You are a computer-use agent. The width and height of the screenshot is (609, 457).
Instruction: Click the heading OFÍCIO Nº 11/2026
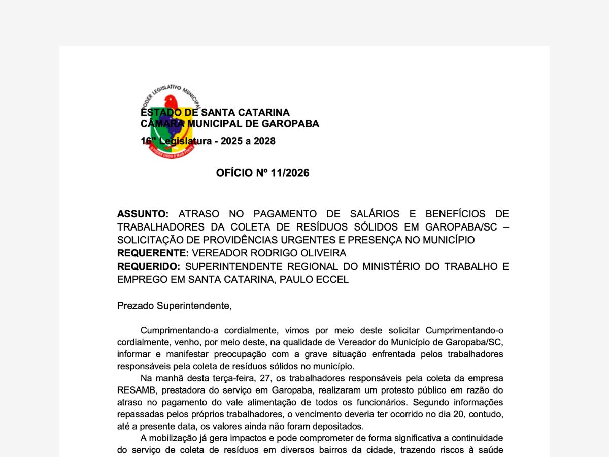point(262,173)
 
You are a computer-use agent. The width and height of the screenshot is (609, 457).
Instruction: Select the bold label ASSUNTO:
point(143,214)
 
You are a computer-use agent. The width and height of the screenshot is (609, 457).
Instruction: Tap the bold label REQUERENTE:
point(153,253)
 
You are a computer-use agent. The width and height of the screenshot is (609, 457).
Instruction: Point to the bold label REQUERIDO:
point(149,266)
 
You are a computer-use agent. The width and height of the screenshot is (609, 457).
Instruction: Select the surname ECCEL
point(333,279)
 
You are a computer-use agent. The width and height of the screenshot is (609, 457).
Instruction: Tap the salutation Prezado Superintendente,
point(174,306)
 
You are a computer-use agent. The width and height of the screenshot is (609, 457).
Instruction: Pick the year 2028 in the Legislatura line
point(264,141)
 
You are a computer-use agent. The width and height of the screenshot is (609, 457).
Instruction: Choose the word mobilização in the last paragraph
point(174,438)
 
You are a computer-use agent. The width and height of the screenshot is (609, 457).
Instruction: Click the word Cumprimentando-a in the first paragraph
point(177,330)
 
